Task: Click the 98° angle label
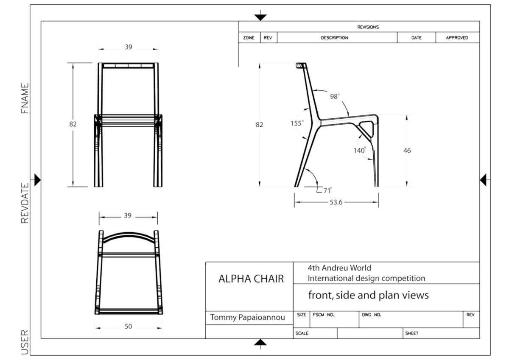[335, 96]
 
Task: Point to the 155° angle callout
[297, 123]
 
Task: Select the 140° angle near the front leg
[359, 150]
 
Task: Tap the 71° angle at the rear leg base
[327, 191]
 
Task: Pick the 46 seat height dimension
[407, 151]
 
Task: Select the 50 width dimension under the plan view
[128, 327]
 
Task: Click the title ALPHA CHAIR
[251, 279]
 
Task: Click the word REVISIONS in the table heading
[368, 27]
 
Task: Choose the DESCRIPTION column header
[334, 38]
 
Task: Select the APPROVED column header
[457, 38]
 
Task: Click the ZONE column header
[249, 38]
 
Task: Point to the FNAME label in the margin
[25, 98]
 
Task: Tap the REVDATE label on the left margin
[25, 203]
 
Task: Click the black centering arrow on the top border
[260, 17]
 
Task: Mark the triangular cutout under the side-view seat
[366, 127]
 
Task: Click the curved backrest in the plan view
[128, 236]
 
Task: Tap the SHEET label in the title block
[412, 333]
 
